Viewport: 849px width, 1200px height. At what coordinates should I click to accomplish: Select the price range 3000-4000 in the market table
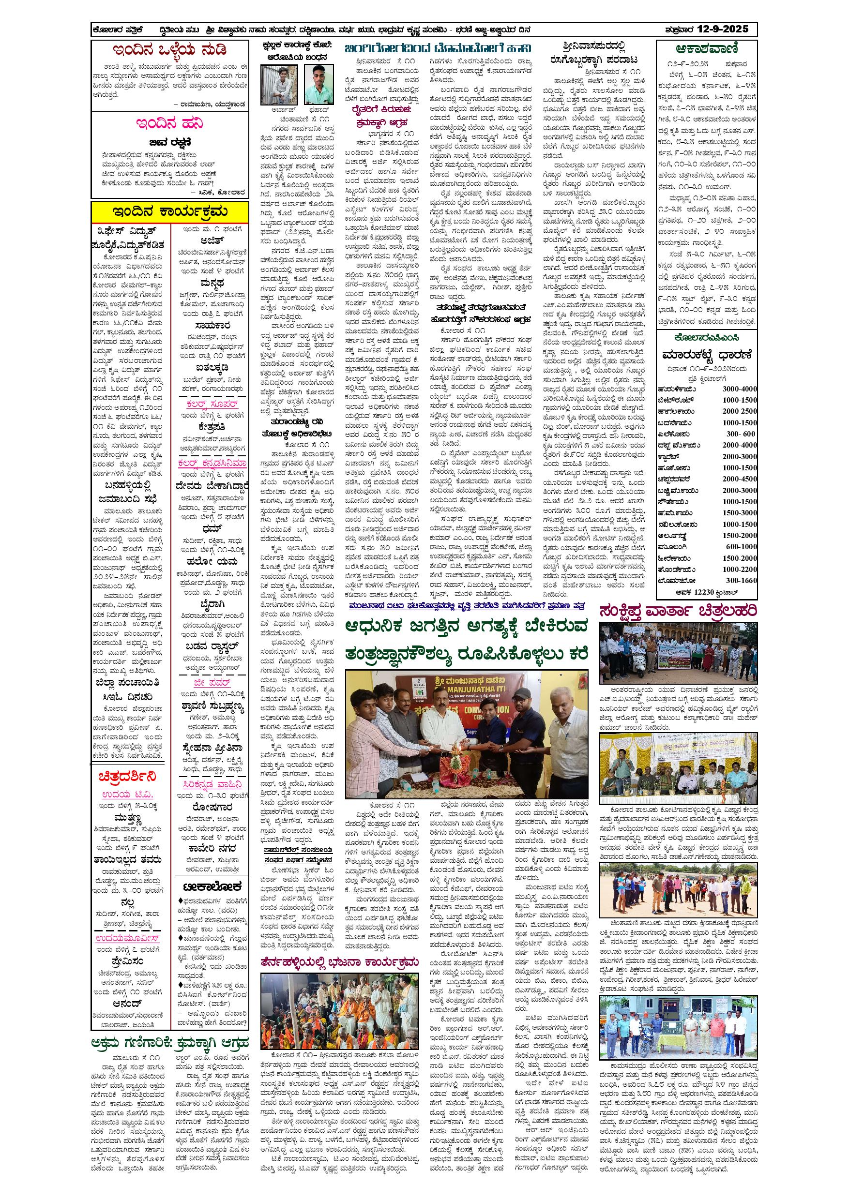pyautogui.click(x=739, y=389)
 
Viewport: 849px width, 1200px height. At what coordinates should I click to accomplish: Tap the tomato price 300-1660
pyautogui.click(x=739, y=580)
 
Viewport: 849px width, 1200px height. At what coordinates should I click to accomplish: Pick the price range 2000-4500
pyautogui.click(x=739, y=479)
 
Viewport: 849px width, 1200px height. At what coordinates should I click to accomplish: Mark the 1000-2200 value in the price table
pyautogui.click(x=739, y=569)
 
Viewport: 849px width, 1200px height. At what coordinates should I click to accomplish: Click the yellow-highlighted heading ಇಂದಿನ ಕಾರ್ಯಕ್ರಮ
pyautogui.click(x=170, y=211)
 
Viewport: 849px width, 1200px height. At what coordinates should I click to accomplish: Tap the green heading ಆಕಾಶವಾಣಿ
pyautogui.click(x=707, y=49)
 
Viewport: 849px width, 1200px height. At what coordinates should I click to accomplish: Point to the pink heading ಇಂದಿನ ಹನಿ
pyautogui.click(x=169, y=124)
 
